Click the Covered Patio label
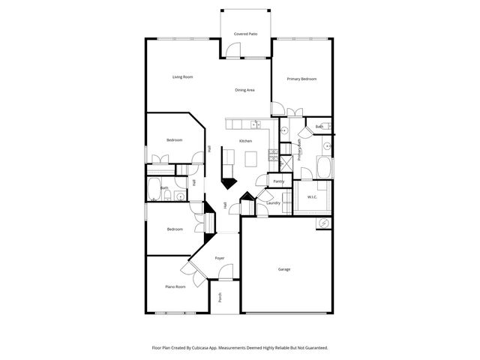pos(245,34)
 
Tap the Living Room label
pos(183,76)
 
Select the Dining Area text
pos(245,90)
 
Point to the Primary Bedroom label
pos(301,79)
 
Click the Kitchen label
pos(245,141)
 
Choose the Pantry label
pos(278,181)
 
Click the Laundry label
pos(273,202)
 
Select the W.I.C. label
pos(313,197)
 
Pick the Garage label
pos(284,269)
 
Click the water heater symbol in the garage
pos(323,223)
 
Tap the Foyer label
pos(220,258)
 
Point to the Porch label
pos(220,297)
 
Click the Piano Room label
pos(175,286)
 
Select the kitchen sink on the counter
pos(256,124)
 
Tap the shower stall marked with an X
pos(284,160)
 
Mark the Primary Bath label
pos(300,150)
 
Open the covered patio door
pos(234,51)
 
